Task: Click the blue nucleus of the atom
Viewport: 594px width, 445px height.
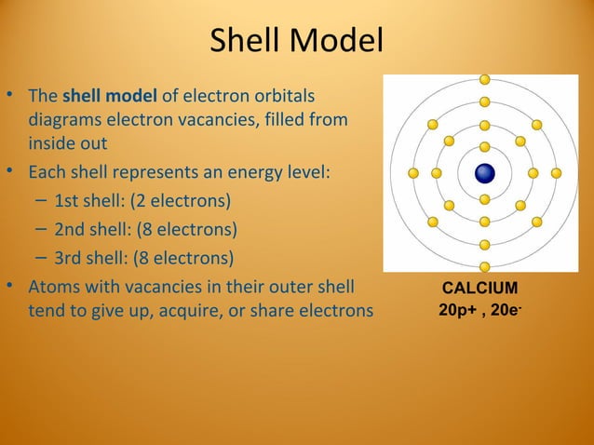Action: [x=484, y=173]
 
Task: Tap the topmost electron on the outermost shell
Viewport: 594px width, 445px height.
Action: [x=484, y=78]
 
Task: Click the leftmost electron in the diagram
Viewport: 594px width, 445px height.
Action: [x=413, y=173]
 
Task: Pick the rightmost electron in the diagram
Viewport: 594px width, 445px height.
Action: [x=556, y=173]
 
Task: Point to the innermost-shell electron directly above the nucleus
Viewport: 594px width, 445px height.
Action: [x=484, y=146]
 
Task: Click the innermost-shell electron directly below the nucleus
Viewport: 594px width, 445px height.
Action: [x=484, y=199]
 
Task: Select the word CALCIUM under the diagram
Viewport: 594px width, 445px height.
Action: [x=479, y=289]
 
